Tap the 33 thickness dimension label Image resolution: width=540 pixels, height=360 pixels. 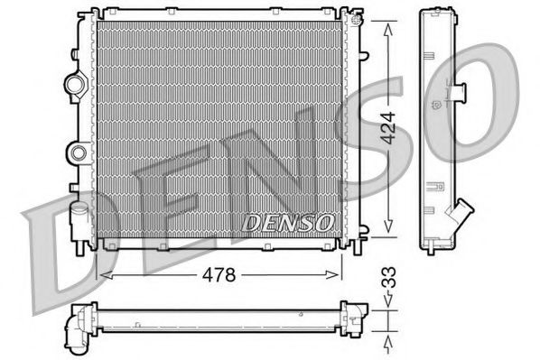coord(389,277)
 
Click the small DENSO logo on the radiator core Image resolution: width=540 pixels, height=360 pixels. coord(290,220)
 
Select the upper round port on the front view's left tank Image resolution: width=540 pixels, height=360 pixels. coord(73,86)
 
